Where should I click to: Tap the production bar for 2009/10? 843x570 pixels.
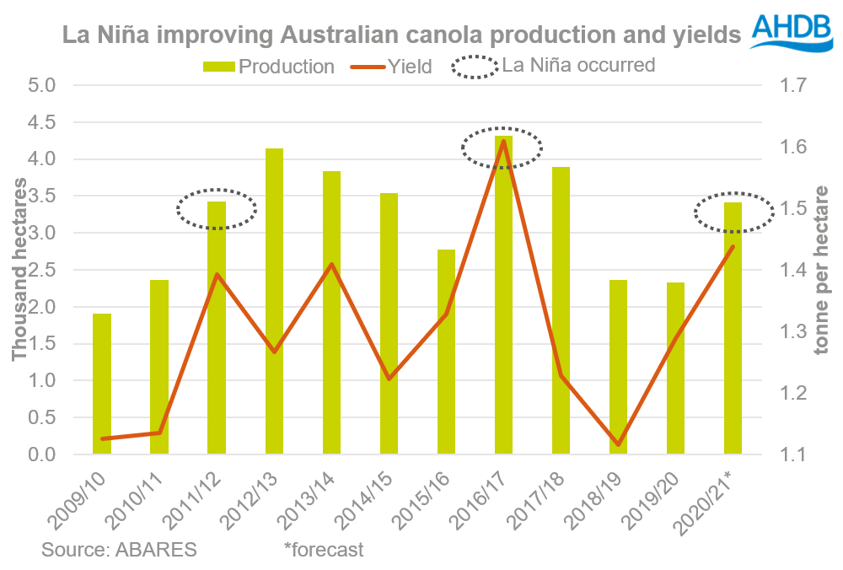[x=102, y=384]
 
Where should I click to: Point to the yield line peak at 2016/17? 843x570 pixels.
[x=503, y=141]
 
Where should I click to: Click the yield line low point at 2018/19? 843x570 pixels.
[x=618, y=444]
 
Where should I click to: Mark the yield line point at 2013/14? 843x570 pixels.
[x=332, y=265]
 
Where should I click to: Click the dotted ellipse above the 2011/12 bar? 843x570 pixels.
[x=217, y=208]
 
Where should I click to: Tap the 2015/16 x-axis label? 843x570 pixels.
[x=431, y=497]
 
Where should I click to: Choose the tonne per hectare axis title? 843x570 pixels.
[x=823, y=270]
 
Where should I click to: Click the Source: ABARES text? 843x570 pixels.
[x=119, y=551]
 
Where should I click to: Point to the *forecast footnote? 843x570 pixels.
[x=325, y=551]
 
